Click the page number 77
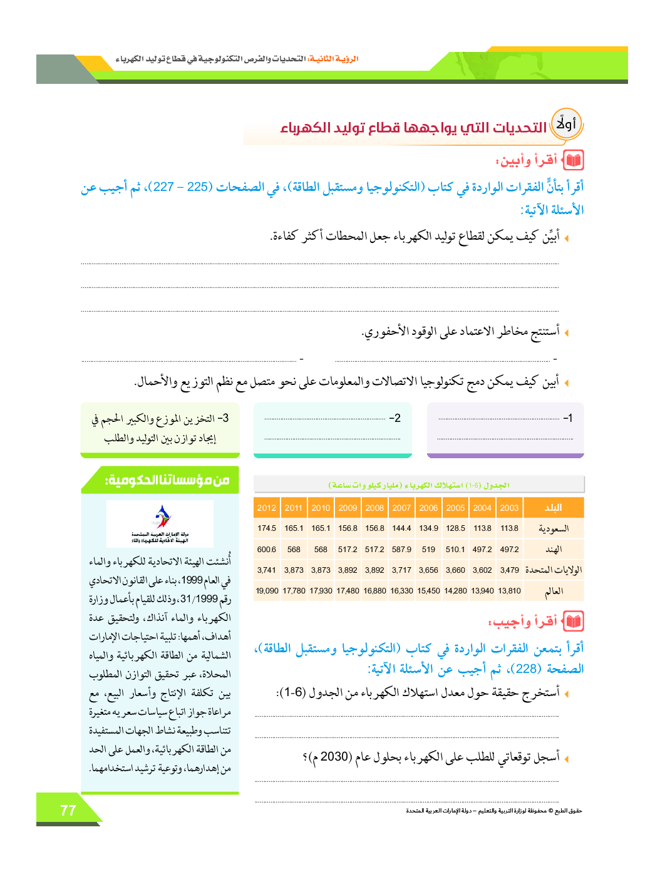[x=68, y=810]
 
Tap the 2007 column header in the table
[x=401, y=508]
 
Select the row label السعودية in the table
[x=554, y=529]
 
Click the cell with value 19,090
[x=267, y=590]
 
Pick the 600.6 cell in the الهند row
[x=267, y=549]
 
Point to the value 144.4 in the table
[x=401, y=528]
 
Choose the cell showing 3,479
[x=509, y=570]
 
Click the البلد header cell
[x=553, y=508]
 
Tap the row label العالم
[x=554, y=591]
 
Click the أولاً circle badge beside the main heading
[x=566, y=124]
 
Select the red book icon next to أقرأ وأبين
[x=574, y=160]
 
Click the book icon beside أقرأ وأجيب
[x=574, y=622]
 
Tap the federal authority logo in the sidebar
[x=160, y=523]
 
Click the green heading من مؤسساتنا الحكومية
[x=167, y=480]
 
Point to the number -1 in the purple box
[x=567, y=418]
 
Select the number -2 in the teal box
[x=394, y=418]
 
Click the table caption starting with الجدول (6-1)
[x=418, y=485]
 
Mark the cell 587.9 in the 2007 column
[x=401, y=549]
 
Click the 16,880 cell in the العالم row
[x=374, y=590]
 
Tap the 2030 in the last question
[x=334, y=757]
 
